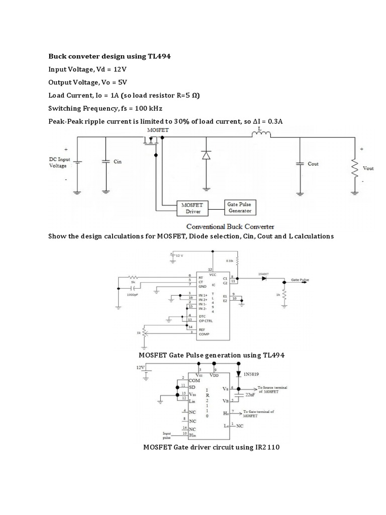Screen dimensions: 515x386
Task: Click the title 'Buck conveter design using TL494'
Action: [110, 56]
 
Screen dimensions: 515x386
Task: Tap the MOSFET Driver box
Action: [189, 208]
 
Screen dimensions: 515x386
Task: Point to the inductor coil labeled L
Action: [261, 134]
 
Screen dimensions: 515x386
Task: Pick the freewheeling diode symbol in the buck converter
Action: [205, 155]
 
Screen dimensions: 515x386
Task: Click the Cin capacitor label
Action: [118, 162]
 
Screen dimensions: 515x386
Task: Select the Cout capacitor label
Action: [313, 163]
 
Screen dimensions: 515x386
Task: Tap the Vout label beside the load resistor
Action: [368, 168]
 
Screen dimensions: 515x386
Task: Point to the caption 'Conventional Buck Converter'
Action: [230, 226]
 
